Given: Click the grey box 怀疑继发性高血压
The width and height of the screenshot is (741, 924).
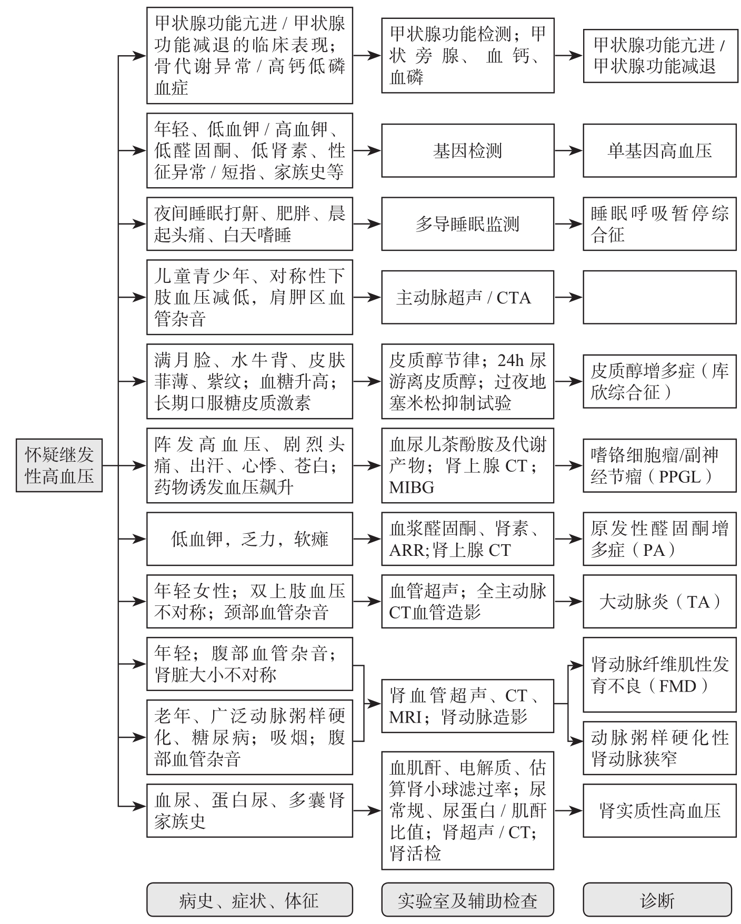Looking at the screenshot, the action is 59,465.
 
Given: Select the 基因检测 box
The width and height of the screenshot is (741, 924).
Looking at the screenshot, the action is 467,150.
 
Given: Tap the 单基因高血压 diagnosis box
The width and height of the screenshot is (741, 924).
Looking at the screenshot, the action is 659,150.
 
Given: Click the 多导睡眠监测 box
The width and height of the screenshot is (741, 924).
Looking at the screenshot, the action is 467,224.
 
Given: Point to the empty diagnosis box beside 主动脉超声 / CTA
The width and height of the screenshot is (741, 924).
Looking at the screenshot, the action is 659,297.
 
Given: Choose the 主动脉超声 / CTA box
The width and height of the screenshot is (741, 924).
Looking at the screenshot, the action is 467,297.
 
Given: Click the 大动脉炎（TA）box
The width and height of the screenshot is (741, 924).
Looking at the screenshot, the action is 659,602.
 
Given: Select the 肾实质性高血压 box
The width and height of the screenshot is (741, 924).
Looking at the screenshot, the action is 659,810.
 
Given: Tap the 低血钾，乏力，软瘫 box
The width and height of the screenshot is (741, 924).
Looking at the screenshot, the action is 249,539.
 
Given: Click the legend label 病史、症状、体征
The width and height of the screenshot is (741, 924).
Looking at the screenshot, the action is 249,901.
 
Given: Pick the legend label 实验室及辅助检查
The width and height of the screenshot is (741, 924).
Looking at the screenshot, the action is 467,901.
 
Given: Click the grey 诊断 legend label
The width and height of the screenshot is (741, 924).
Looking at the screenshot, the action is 657,901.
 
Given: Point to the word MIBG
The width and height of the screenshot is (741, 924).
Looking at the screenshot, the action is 412,488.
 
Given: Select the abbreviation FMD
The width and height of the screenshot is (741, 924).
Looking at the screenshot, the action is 677,686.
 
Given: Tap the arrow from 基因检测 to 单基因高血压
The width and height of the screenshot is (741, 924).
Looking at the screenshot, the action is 568,150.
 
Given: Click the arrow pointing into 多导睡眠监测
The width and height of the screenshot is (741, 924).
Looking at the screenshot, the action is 367,224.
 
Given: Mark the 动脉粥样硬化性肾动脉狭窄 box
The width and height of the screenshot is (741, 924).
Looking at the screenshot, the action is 659,748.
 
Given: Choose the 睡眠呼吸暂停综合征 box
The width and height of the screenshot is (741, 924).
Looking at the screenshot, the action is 659,224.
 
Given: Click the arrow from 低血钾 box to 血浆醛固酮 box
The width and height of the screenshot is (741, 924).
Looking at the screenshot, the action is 367,539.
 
